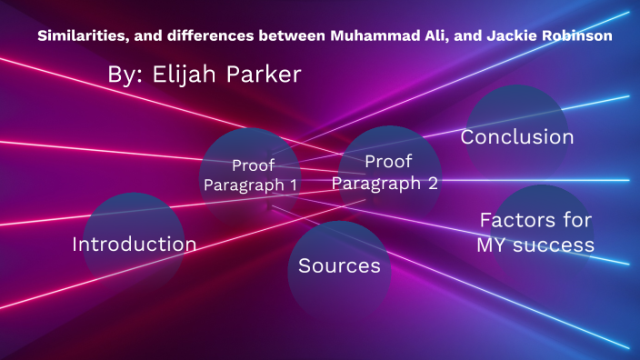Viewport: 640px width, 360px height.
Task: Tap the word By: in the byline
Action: [125, 75]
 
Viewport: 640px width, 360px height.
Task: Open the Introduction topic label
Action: [134, 245]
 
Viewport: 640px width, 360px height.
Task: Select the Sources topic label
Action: [339, 266]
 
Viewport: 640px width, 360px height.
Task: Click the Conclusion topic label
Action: [516, 137]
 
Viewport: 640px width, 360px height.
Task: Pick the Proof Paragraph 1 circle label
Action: [250, 175]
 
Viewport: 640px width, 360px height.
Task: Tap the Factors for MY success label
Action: [535, 233]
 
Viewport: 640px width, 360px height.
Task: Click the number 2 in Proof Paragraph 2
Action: [432, 183]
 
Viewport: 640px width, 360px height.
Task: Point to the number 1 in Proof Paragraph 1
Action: [293, 185]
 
